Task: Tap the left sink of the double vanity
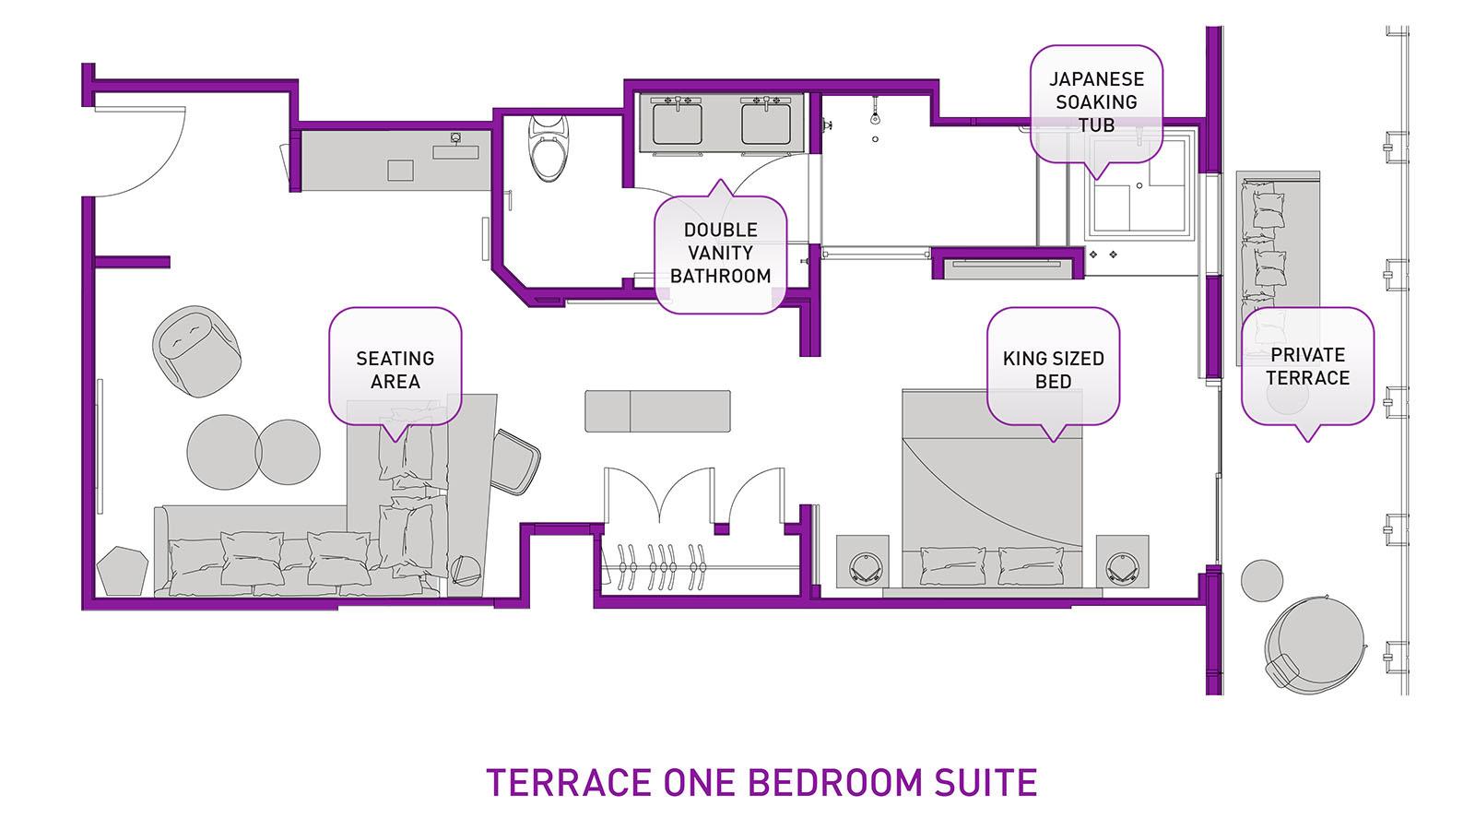pos(678,123)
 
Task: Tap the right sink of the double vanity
pos(766,123)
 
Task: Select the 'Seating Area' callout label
pos(395,369)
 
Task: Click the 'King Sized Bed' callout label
pos(1053,369)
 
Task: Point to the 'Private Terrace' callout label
pos(1306,366)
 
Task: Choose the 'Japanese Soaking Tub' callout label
pos(1096,101)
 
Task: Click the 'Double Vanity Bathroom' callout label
pos(720,253)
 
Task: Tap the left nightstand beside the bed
pos(863,563)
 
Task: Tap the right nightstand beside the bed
pos(1122,563)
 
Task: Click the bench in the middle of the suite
pos(657,411)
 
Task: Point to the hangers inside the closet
pos(659,565)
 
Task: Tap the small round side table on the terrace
pos(1261,580)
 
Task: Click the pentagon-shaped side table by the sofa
pos(123,571)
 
